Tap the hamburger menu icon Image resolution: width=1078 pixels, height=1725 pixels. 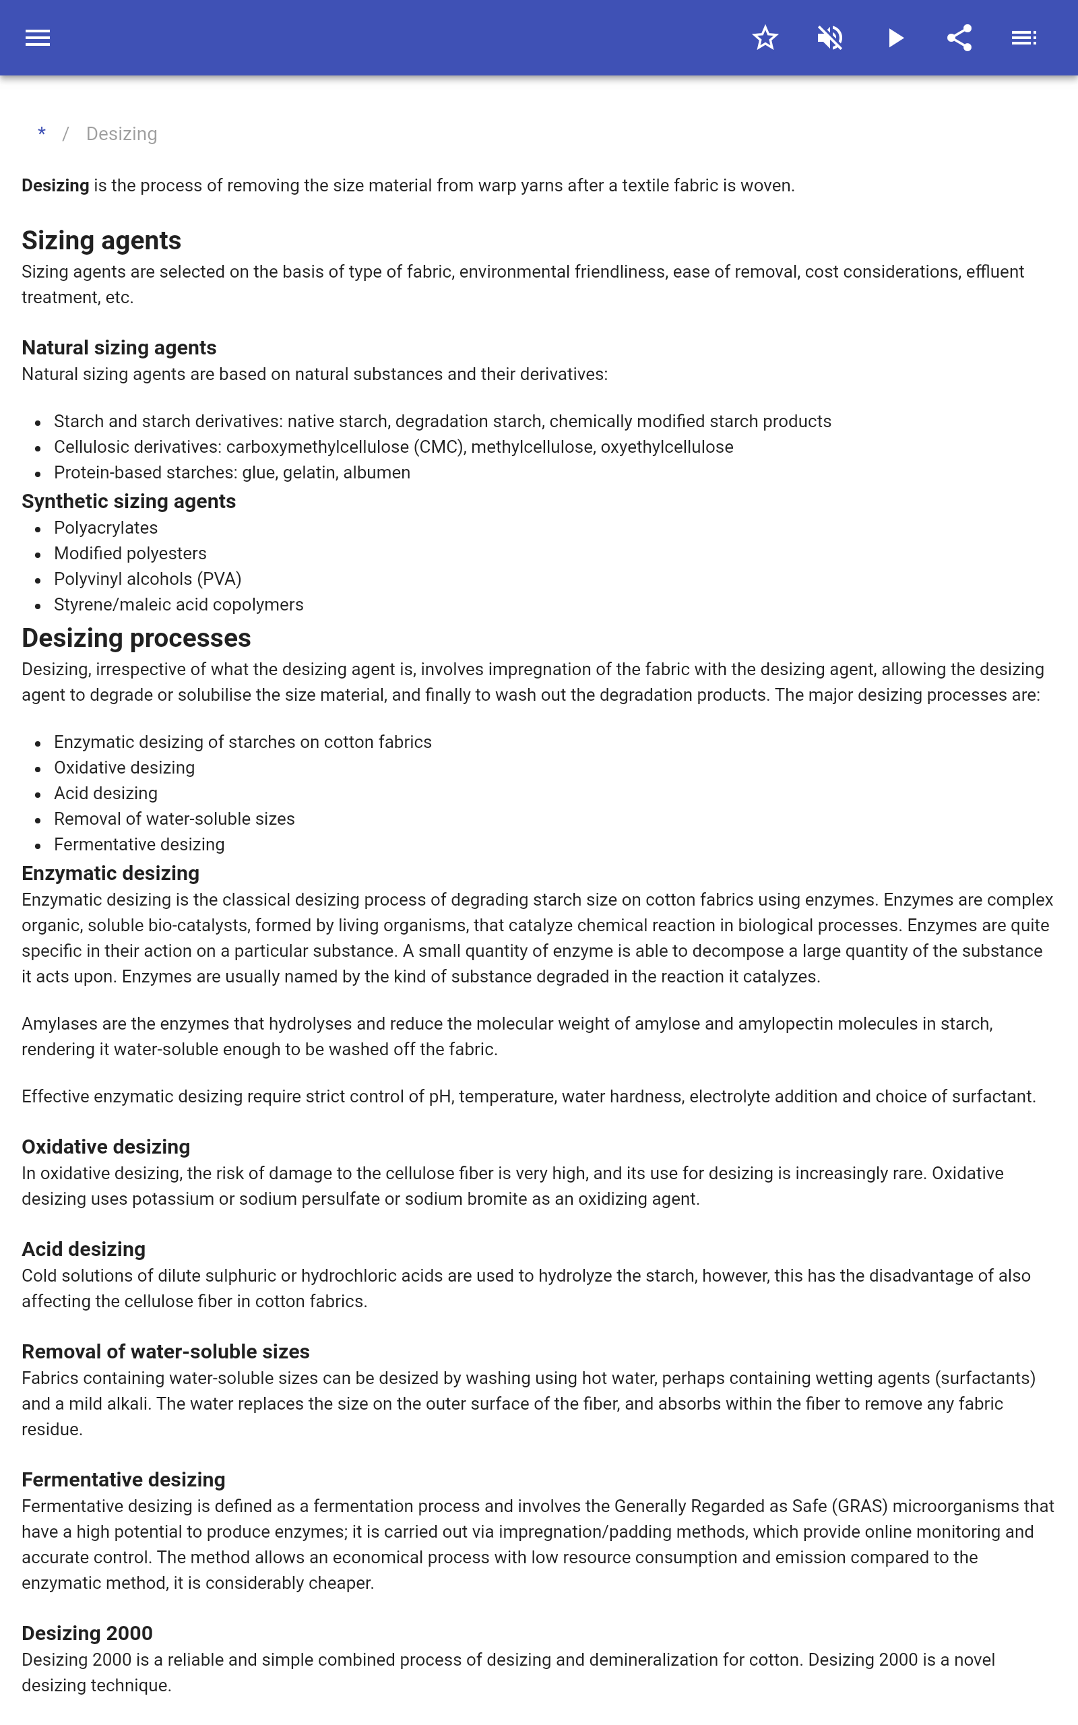(38, 38)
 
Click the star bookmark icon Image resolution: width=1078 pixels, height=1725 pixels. (765, 38)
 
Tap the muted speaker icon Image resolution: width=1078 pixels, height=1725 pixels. (830, 38)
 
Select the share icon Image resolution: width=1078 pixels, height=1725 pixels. (959, 38)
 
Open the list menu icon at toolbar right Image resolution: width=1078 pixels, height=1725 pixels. (1024, 38)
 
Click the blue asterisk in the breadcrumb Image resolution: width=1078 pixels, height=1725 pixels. (42, 133)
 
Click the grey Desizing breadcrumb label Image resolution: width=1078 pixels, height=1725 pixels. (121, 134)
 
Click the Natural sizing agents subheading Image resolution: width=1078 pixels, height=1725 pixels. (119, 347)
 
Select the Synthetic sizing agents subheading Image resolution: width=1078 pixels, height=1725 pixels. (128, 501)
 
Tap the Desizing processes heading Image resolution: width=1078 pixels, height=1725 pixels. (136, 638)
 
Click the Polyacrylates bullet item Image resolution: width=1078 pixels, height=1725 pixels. (106, 528)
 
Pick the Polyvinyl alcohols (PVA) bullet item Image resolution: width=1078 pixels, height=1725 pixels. (148, 579)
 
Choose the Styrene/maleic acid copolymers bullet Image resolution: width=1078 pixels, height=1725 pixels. (179, 604)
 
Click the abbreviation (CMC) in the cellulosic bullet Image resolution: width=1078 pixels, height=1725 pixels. (440, 447)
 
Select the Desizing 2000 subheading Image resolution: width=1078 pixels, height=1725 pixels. (87, 1633)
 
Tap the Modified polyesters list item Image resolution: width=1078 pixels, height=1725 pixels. (130, 553)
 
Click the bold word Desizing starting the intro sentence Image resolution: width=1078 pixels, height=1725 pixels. (55, 185)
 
